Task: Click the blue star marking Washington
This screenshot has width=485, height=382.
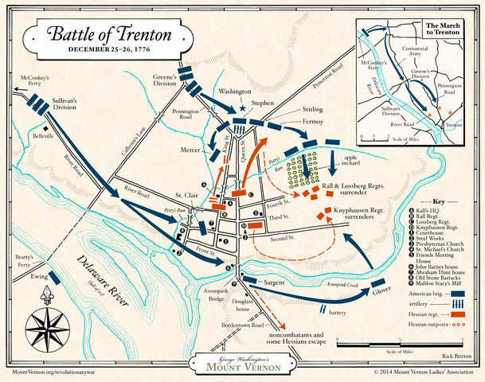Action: coord(244,109)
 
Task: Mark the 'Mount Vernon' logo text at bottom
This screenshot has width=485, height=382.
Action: coord(241,366)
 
